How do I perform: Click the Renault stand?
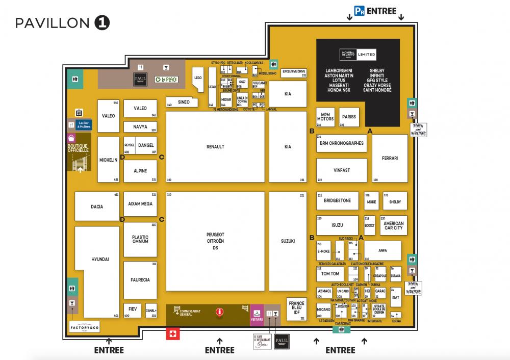pos(215,147)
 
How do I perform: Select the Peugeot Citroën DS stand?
pos(215,241)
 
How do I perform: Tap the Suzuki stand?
pos(288,241)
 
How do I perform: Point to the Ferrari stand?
pos(390,158)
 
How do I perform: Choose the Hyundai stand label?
pos(100,260)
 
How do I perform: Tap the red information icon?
pos(220,311)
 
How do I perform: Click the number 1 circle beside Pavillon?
pos(102,23)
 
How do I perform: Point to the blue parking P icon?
pos(360,11)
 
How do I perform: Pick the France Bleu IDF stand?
pos(296,308)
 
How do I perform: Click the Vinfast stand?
pos(341,170)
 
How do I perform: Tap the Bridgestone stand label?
pos(337,201)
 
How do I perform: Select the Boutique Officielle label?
pos(78,148)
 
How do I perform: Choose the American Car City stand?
pos(393,225)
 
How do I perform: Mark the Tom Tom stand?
pos(330,274)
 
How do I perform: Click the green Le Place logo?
pos(166,80)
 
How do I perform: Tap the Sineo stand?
pos(184,102)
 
